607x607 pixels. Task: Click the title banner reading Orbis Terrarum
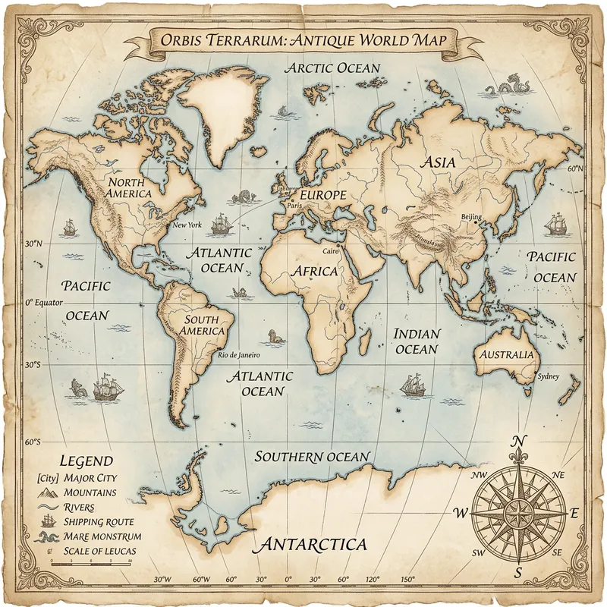coord(303,39)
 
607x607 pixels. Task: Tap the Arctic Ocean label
coord(332,68)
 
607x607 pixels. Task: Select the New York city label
coord(187,225)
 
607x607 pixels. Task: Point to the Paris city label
coord(296,205)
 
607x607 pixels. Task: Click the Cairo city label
coord(331,250)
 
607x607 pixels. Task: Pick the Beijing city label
coord(471,218)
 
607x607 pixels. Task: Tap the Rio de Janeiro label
coord(238,354)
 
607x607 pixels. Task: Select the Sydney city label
coord(547,376)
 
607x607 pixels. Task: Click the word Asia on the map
coord(438,162)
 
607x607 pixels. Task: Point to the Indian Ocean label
coord(417,341)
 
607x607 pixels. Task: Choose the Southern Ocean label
coord(312,457)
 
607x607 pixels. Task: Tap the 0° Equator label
coord(43,302)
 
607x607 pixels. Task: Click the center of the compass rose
coord(519,508)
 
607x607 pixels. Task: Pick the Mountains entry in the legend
coord(90,492)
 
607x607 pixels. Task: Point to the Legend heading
coord(86,461)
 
